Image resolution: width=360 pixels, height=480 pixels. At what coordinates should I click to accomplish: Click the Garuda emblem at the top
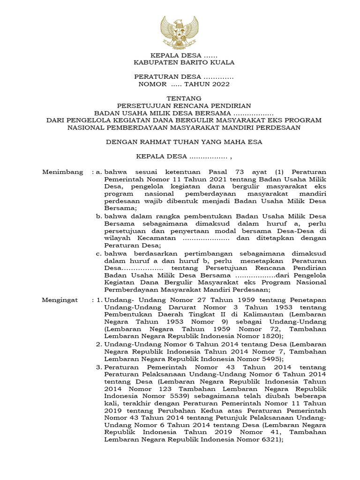pos(180,33)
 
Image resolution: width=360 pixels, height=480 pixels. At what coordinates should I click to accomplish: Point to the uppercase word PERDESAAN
pos(280,127)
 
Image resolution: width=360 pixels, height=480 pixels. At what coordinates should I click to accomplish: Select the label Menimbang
pos(63,172)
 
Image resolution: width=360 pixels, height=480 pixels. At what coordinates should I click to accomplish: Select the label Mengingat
pos(60,300)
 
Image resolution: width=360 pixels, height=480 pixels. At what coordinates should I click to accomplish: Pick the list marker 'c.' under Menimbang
pos(99,253)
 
